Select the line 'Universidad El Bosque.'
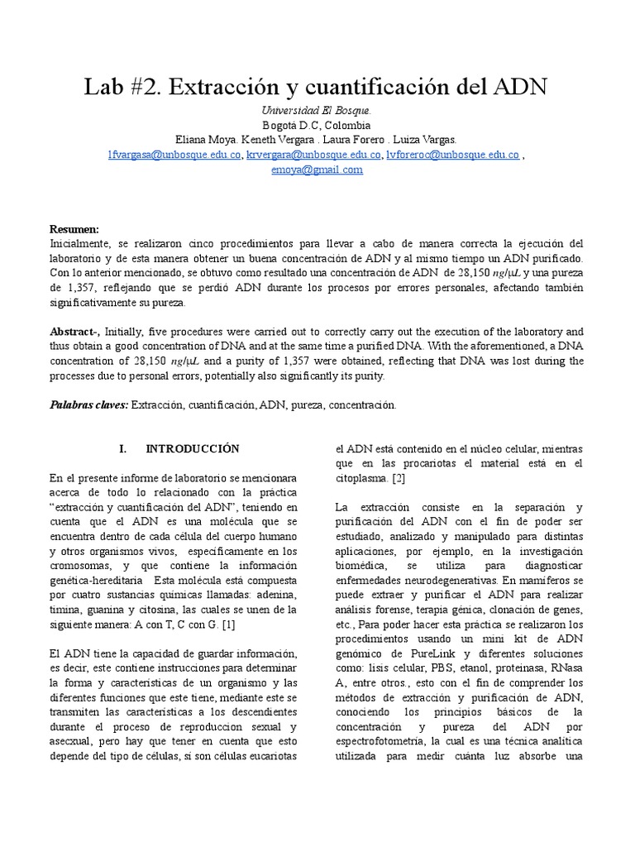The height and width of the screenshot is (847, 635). [317, 111]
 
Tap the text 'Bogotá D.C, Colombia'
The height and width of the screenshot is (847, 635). [317, 126]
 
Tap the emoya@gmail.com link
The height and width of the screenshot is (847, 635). [317, 170]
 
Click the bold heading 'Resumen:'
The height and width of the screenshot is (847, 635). [74, 229]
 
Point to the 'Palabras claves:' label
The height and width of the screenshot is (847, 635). [88, 405]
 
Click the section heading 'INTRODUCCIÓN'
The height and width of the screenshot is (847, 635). [192, 449]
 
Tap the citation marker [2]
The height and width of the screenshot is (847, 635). [398, 478]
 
